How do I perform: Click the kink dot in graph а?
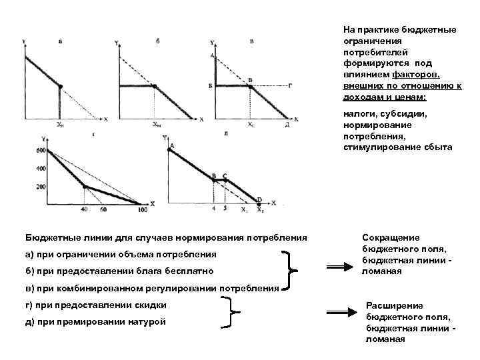60,86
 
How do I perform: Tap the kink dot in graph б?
154,86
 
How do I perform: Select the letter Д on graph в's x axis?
287,125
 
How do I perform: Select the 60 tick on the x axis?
103,211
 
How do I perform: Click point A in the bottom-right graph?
172,146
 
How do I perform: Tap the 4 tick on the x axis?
213,209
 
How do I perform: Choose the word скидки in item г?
149,305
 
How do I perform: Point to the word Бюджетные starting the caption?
51,237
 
